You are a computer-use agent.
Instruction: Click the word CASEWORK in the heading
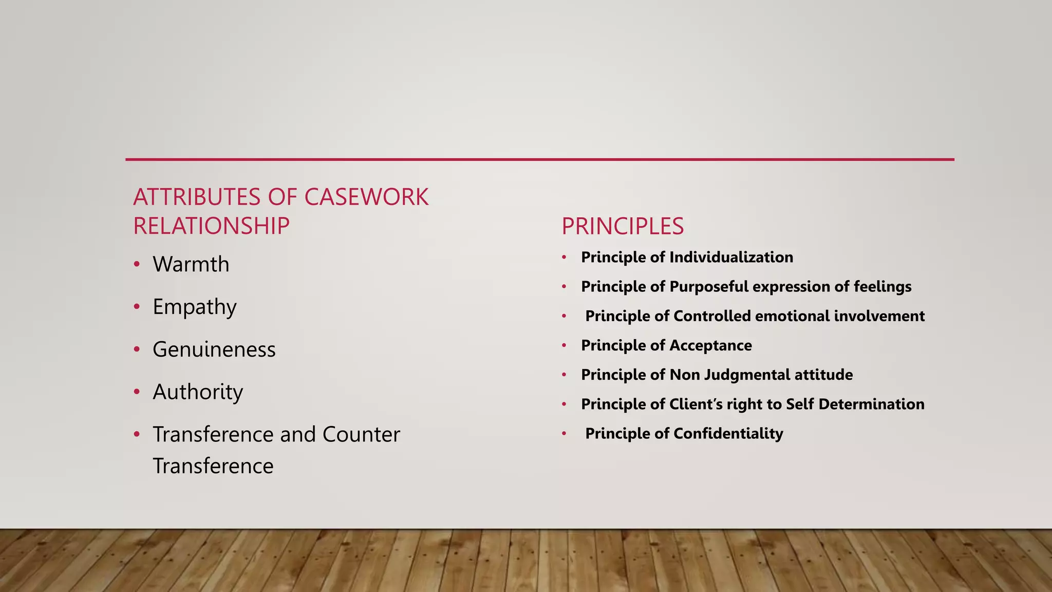[366, 197]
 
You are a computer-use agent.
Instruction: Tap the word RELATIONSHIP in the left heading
[211, 226]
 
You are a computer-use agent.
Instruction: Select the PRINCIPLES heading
[623, 226]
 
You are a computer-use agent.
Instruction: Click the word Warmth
[191, 264]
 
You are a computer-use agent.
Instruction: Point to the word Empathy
[195, 307]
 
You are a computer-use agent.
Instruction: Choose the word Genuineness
[214, 349]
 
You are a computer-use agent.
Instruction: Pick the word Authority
[198, 392]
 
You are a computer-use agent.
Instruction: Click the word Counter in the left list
[361, 434]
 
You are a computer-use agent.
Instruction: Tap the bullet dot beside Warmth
[137, 265]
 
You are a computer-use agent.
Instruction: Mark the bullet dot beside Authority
[137, 392]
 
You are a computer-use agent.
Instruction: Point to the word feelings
[882, 286]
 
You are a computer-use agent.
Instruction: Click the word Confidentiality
[728, 433]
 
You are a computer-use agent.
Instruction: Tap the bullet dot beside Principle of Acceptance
[564, 345]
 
